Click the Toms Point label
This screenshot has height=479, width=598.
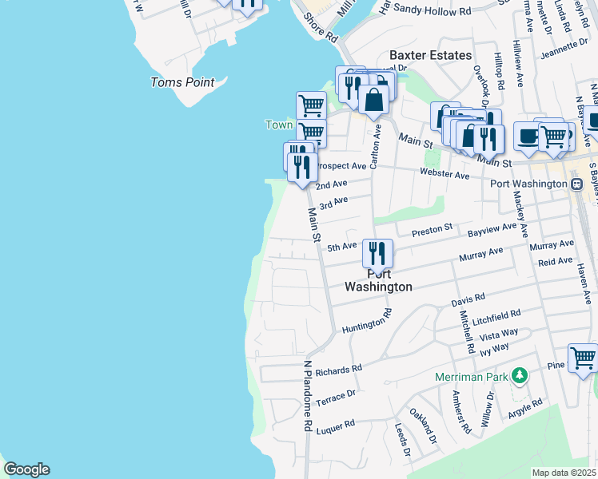182,82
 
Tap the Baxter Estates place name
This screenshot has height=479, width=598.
430,55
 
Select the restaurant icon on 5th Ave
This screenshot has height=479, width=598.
377,254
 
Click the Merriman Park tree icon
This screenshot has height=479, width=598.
520,375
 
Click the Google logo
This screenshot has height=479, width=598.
26,469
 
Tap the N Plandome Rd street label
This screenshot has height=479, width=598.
306,396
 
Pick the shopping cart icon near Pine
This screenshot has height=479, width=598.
583,358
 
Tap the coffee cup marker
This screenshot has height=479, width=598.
528,136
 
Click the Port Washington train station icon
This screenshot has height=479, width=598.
576,184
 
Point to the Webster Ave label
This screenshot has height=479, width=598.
445,174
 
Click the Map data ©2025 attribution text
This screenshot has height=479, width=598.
564,473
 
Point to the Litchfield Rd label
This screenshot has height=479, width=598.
496,317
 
